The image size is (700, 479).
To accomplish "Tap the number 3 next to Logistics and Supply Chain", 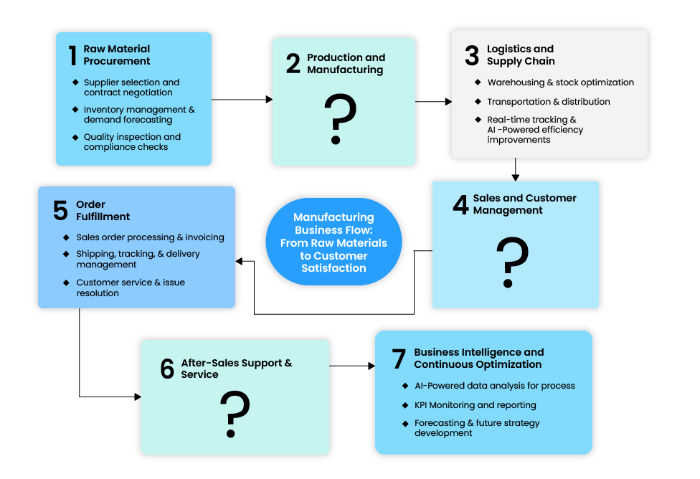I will coord(472,56).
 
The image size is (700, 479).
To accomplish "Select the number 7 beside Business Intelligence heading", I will coord(399,359).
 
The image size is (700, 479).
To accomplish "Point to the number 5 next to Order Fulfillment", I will coord(60,211).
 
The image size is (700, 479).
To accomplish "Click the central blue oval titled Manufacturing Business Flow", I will coord(334,242).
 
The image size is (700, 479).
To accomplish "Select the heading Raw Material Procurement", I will coord(117,55).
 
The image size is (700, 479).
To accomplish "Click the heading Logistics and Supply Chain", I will coord(521,55).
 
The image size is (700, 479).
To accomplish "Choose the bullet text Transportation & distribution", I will coord(549,102).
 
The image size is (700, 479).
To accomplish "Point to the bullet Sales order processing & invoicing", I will coord(150,237).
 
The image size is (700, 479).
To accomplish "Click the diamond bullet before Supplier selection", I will coord(75,82).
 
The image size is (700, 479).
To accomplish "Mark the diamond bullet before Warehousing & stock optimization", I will coord(479,82).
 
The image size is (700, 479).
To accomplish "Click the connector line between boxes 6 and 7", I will coord(352,366).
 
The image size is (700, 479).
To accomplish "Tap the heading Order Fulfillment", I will coord(103,211).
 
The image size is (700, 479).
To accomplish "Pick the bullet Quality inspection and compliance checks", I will coord(132,142).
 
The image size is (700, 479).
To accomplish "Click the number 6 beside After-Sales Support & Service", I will coord(167,369).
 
